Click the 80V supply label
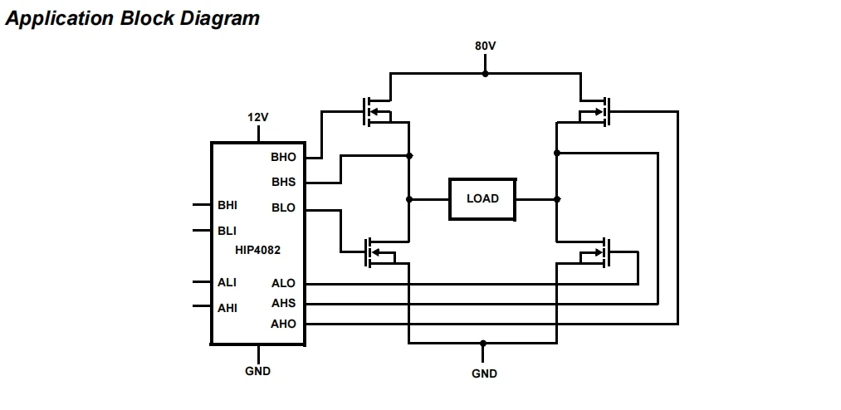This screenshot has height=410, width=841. coord(485,46)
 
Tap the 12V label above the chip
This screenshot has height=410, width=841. coord(258,117)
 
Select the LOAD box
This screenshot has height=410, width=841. coord(482,199)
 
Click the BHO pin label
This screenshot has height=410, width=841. coord(283,157)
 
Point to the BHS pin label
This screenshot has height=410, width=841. coord(283,183)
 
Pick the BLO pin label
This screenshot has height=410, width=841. coord(283,208)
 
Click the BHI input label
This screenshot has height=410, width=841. coord(227,205)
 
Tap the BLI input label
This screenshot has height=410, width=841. coord(227,231)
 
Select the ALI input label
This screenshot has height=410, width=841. coord(227,282)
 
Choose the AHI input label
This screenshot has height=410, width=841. coord(227,308)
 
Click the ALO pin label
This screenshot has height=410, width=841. coord(283,283)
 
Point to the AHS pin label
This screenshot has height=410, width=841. coord(283,303)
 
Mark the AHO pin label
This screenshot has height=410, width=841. coord(283,324)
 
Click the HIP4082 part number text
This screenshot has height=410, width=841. coord(257,251)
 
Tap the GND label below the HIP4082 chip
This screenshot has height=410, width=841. coord(258,371)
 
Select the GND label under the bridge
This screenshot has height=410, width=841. coord(484,373)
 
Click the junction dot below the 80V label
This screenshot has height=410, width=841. coord(486,73)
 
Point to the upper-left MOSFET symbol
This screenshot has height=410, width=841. coord(377,111)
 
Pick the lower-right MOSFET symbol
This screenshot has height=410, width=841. coord(594,252)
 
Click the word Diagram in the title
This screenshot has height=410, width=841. coord(219,18)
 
